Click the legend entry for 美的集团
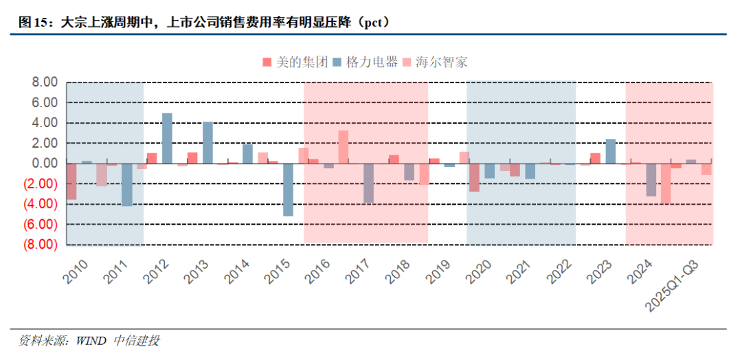click(295, 62)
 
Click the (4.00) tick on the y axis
click(41, 204)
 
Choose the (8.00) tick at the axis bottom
click(41, 245)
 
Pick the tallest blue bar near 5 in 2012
click(167, 138)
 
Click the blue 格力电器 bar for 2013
click(207, 142)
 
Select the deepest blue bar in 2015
click(288, 190)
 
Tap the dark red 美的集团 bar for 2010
click(71, 181)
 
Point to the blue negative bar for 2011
click(127, 185)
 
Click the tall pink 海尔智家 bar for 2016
click(343, 147)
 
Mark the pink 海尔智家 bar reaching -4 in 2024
click(665, 183)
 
